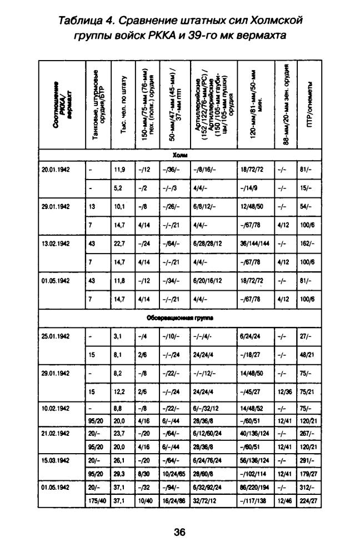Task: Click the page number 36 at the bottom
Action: [x=179, y=532]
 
